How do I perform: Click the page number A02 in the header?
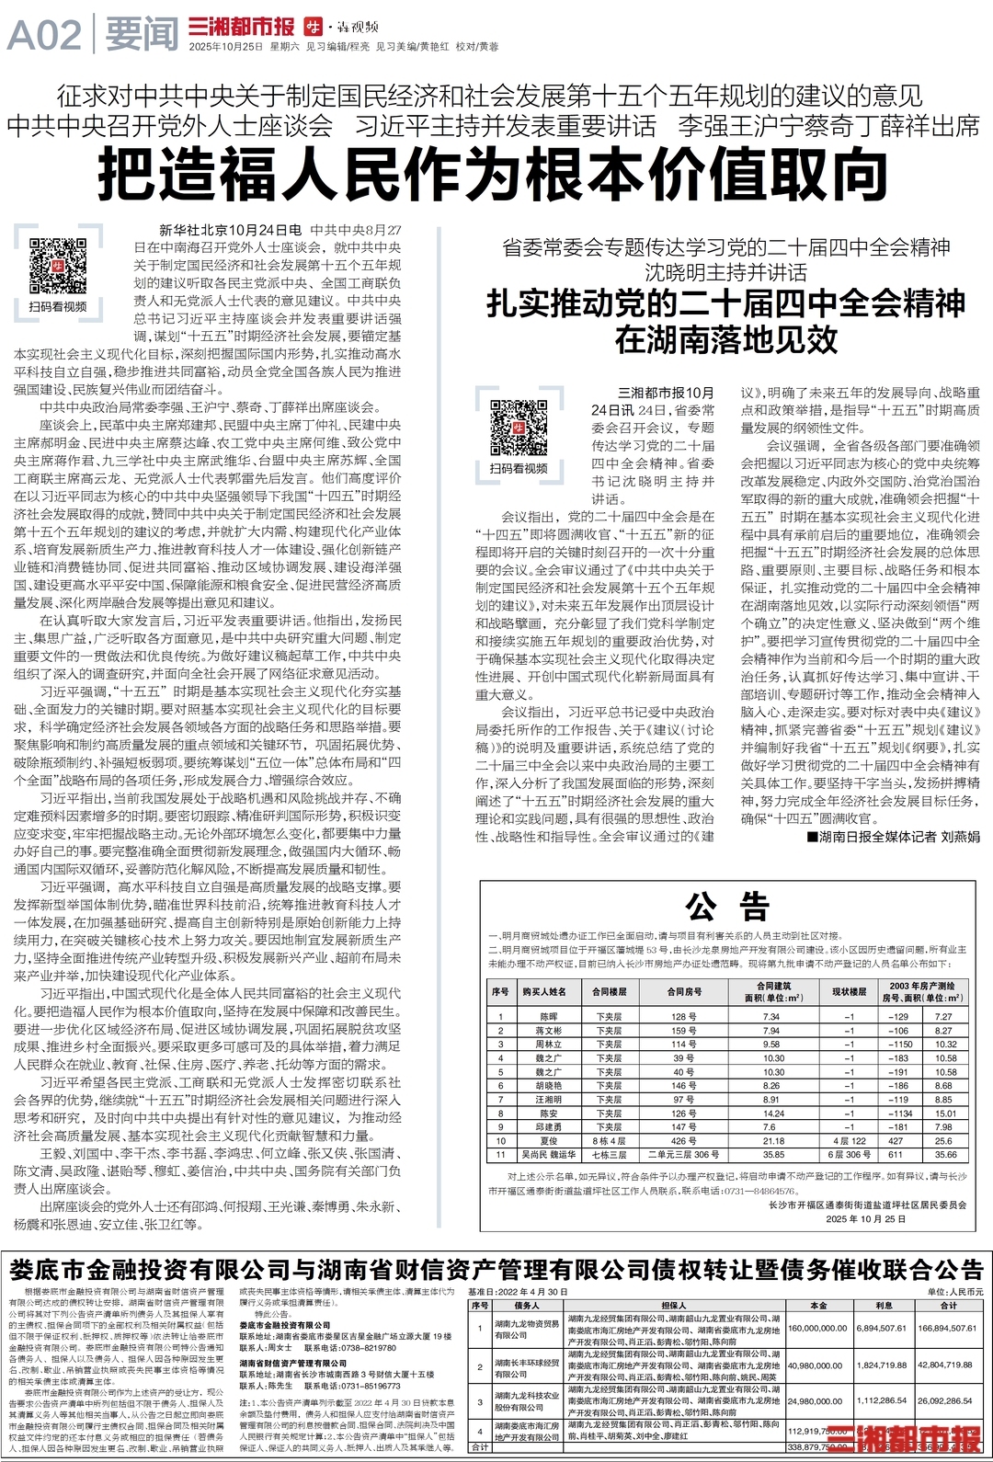click(x=43, y=36)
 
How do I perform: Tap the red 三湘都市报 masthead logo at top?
click(x=241, y=28)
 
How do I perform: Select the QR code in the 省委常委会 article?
click(x=519, y=427)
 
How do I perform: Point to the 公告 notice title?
click(x=726, y=908)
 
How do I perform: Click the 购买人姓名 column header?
click(x=544, y=992)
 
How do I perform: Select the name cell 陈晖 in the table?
click(x=549, y=1017)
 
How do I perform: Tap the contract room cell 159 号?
click(x=683, y=1031)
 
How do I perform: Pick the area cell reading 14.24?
click(x=773, y=1114)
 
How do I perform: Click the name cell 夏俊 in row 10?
click(x=549, y=1141)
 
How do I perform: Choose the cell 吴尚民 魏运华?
click(x=549, y=1155)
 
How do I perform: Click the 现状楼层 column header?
click(x=849, y=992)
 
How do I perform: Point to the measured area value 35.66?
click(x=945, y=1155)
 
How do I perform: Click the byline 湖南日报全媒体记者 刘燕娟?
click(x=893, y=837)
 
